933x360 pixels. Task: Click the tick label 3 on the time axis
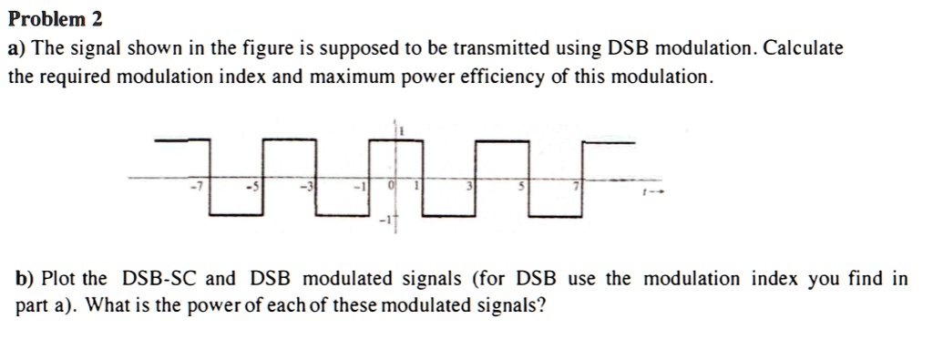click(470, 187)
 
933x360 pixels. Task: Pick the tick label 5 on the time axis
click(522, 187)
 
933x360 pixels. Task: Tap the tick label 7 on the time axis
click(575, 187)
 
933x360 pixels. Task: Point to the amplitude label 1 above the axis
click(400, 132)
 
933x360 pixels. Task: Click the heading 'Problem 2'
click(56, 18)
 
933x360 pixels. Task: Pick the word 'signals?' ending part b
click(511, 305)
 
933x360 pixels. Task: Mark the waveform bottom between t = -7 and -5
click(234, 215)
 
